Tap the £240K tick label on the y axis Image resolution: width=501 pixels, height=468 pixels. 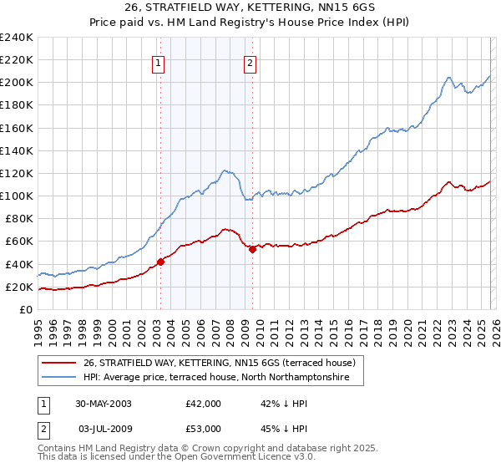[x=17, y=38]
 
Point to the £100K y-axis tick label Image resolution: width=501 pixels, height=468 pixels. [x=17, y=196]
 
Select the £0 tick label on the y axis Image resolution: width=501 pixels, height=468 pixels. [x=26, y=309]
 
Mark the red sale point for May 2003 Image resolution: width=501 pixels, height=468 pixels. [x=161, y=262]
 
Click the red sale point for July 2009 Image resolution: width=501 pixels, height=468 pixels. [x=251, y=249]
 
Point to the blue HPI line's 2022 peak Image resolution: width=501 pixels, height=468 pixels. [x=449, y=78]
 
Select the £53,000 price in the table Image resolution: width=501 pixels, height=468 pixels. [x=203, y=428]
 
